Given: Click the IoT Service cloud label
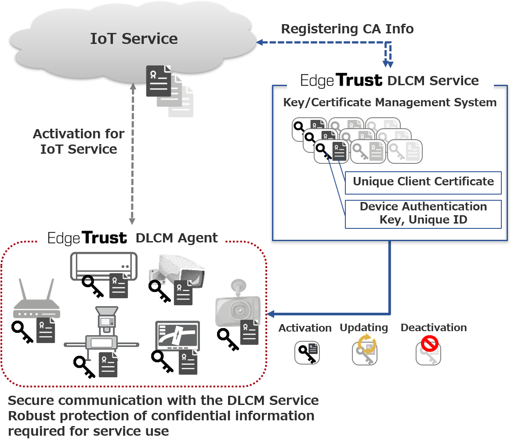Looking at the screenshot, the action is click(x=134, y=39).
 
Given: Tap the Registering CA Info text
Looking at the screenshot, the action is click(x=348, y=29).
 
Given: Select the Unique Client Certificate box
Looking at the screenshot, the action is click(x=423, y=182).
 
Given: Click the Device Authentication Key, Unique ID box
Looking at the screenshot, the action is click(x=423, y=214).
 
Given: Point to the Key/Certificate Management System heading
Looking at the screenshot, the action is click(x=390, y=103).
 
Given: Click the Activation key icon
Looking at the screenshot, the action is click(x=307, y=353).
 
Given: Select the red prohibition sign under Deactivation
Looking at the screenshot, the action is click(x=430, y=343).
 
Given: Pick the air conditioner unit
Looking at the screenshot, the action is click(x=104, y=266).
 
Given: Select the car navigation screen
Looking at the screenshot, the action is click(x=178, y=336).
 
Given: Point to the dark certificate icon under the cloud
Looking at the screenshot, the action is click(x=158, y=81).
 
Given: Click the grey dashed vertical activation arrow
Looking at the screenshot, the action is click(x=132, y=154).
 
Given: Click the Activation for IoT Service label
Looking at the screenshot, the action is click(x=79, y=141).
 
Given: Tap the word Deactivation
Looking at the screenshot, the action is click(x=433, y=328).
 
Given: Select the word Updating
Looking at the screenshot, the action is click(x=364, y=328).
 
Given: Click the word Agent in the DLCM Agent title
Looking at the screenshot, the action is click(x=197, y=238).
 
